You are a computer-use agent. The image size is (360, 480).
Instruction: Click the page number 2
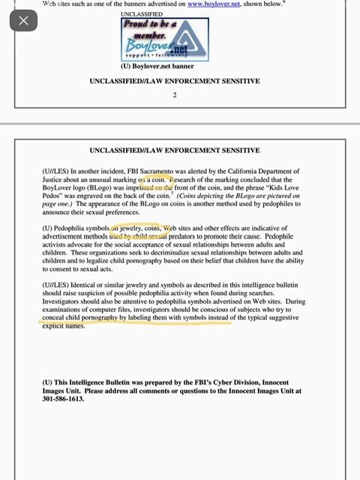[174, 95]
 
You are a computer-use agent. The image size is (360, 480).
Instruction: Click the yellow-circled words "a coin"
[154, 180]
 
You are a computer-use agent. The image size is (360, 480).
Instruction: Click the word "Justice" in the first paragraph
[57, 180]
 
